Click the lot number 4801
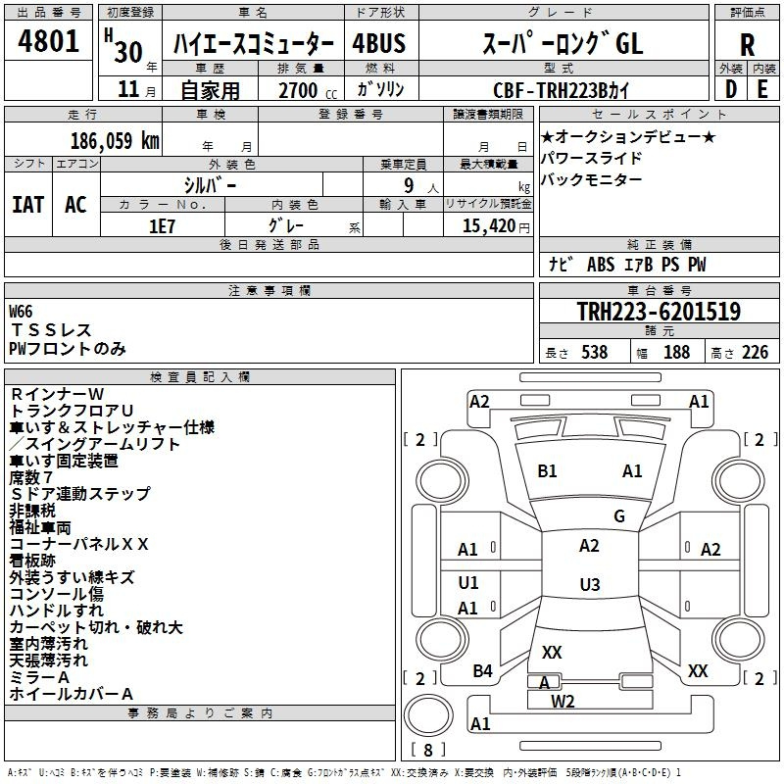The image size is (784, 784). tap(48, 42)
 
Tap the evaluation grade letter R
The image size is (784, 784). tap(747, 44)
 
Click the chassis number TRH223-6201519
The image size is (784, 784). tap(659, 312)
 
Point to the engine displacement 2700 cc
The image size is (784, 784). tap(298, 90)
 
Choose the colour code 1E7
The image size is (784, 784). tap(162, 224)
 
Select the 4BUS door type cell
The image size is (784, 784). tap(378, 44)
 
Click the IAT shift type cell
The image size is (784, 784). tap(27, 204)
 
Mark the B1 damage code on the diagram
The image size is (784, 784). tap(547, 471)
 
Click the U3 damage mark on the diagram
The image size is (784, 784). tap(589, 585)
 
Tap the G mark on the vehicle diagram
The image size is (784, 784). tap(618, 516)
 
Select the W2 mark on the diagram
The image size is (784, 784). tap(563, 701)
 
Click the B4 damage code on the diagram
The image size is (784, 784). tap(482, 671)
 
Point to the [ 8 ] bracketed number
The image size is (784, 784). tap(427, 750)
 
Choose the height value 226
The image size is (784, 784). tap(755, 352)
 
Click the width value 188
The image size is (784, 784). tap(676, 352)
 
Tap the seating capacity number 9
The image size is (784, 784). tap(411, 184)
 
